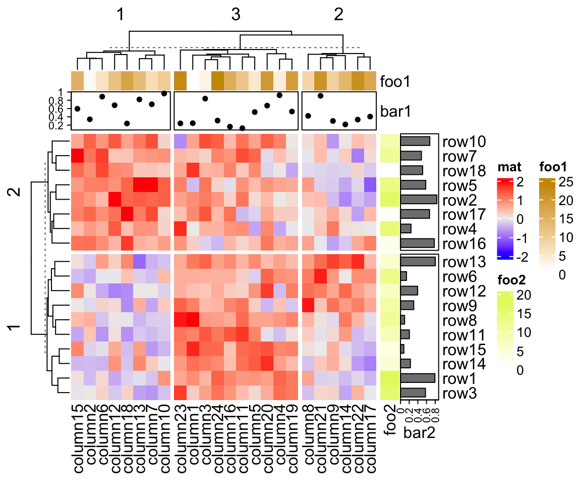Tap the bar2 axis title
tap(419, 432)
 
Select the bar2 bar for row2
tap(419, 199)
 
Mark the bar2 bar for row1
tap(418, 378)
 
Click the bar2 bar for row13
tap(418, 261)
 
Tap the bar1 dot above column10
tap(164, 93)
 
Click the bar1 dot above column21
tap(320, 95)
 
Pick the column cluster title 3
tap(236, 16)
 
